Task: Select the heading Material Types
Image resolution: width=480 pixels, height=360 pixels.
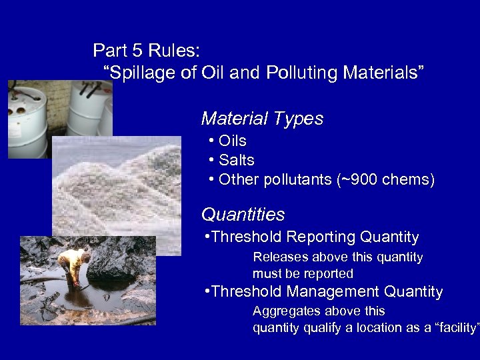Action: tap(262, 119)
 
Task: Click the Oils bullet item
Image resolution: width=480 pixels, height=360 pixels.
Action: tap(232, 141)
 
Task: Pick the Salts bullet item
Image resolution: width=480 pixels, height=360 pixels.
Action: tap(236, 161)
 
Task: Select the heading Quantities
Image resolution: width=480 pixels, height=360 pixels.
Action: tap(243, 215)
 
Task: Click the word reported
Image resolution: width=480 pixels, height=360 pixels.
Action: tap(330, 273)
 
